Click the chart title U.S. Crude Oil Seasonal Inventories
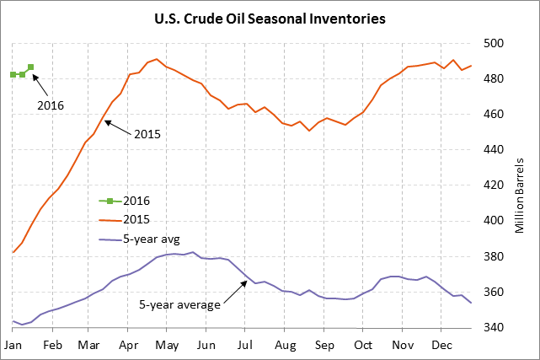click(x=270, y=18)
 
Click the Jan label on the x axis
click(x=13, y=346)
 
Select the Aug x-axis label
click(x=286, y=346)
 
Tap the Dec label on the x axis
click(x=442, y=346)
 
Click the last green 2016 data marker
click(x=30, y=67)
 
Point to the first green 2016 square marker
click(x=13, y=74)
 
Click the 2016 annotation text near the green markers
click(x=51, y=105)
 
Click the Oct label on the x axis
click(x=364, y=346)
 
